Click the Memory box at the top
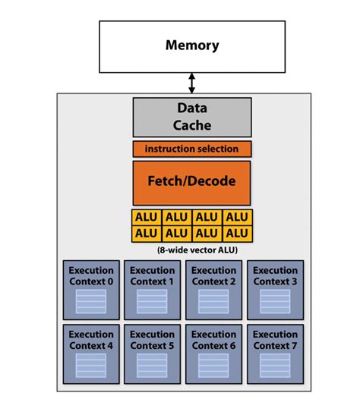pos(191,46)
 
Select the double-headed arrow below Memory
pos(191,82)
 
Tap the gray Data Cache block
pos(191,117)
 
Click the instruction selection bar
pos(191,149)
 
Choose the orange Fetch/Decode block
pos(191,182)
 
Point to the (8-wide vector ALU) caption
pos(191,248)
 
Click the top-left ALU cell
pos(147,217)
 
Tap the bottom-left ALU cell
pos(147,233)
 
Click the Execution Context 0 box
pos(91,290)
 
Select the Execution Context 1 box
pos(152,290)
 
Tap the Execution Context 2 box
pos(213,290)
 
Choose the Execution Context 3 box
pos(275,290)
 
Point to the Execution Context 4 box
pos(91,354)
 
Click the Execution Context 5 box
pos(152,354)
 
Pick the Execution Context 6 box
pos(213,354)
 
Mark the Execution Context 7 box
pos(275,354)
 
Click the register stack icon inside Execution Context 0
pos(91,302)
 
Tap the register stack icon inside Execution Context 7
pos(275,366)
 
